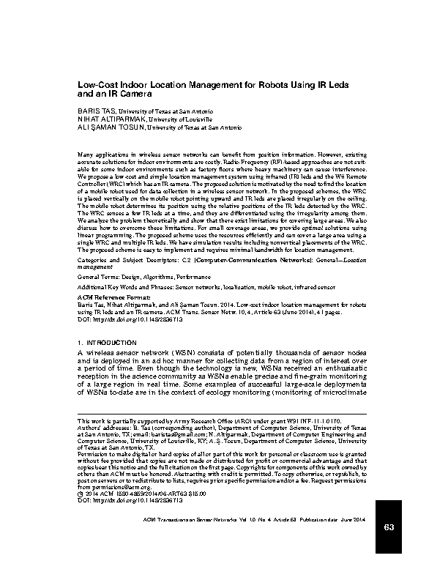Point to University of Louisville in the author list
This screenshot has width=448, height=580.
pyautogui.click(x=181, y=118)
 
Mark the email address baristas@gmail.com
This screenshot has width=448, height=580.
pyautogui.click(x=202, y=434)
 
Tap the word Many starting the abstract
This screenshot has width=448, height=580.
pyautogui.click(x=86, y=155)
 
